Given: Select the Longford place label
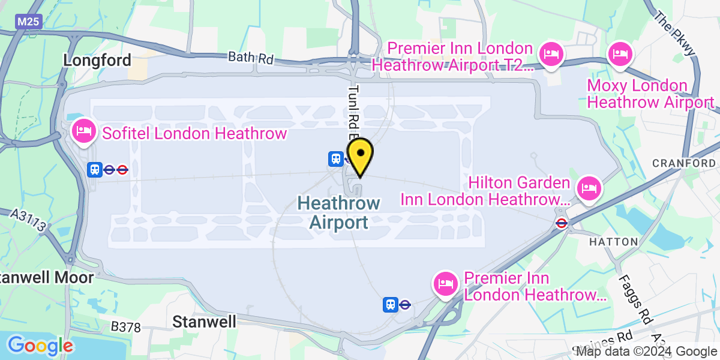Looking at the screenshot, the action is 97,60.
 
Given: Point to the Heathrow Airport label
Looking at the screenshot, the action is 339,212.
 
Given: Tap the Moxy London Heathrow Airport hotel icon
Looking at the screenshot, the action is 619,55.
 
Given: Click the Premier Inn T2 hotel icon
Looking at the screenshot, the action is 550,55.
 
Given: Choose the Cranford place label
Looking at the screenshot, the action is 683,163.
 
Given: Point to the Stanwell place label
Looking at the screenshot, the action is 204,322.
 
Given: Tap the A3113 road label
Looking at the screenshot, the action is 29,220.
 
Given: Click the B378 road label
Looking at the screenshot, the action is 126,328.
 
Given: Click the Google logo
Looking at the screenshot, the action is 40,346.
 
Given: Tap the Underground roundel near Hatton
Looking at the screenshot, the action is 562,223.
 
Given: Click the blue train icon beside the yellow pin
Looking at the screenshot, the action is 335,159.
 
